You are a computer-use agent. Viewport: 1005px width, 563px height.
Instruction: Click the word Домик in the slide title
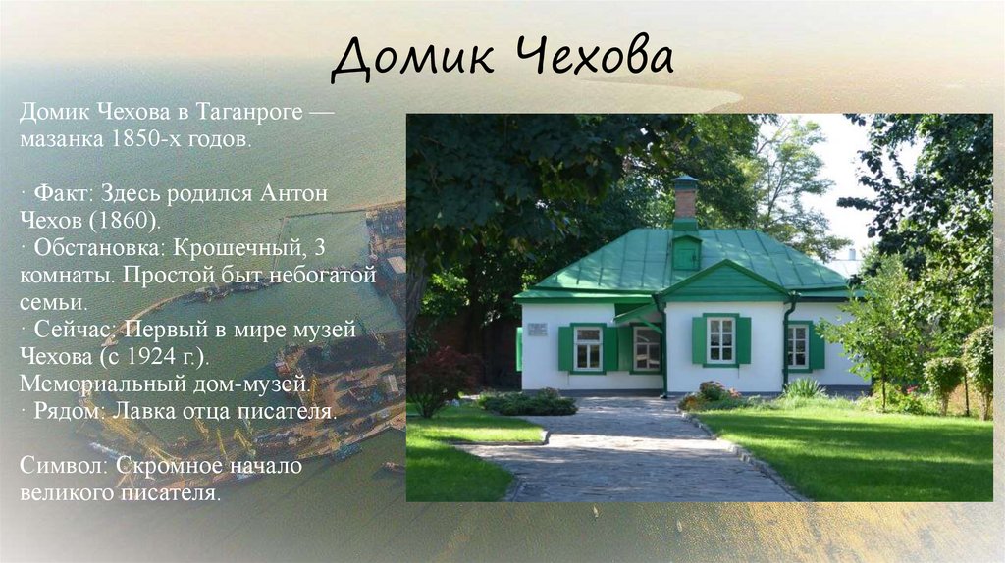click(x=405, y=61)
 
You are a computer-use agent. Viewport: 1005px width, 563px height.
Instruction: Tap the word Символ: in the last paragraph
click(x=60, y=466)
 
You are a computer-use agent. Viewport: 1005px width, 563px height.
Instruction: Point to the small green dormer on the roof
click(x=686, y=251)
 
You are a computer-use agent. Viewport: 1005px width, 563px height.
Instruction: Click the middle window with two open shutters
click(x=720, y=339)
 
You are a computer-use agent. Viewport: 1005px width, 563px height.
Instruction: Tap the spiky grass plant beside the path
click(x=804, y=389)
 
